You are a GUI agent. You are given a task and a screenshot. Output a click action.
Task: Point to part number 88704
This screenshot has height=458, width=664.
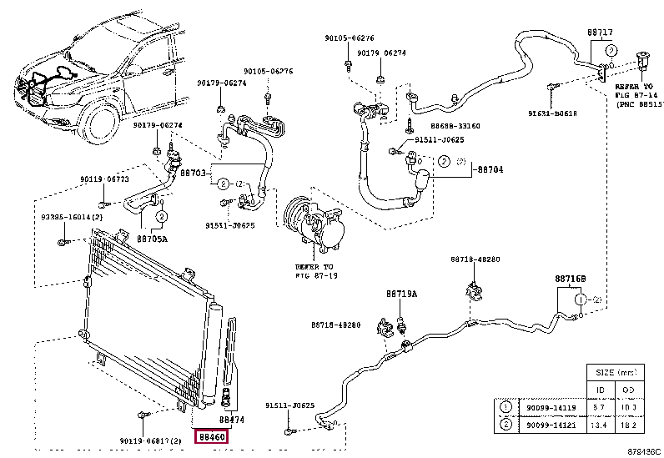coord(490,169)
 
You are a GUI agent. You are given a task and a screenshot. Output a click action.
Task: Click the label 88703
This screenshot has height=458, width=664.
coord(194,173)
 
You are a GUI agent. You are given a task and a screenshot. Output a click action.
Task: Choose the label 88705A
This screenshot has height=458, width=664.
coord(152,238)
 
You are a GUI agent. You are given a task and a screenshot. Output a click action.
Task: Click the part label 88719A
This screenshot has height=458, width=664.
coord(401,294)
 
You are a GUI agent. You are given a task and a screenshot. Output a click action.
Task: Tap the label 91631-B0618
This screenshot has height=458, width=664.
coord(552,113)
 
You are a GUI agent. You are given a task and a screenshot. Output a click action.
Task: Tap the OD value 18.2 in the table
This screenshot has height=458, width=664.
coord(627,425)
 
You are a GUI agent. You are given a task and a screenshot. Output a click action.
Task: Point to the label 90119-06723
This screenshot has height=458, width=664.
coord(104,179)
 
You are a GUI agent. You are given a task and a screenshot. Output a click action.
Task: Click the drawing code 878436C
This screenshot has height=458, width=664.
coord(644,451)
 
